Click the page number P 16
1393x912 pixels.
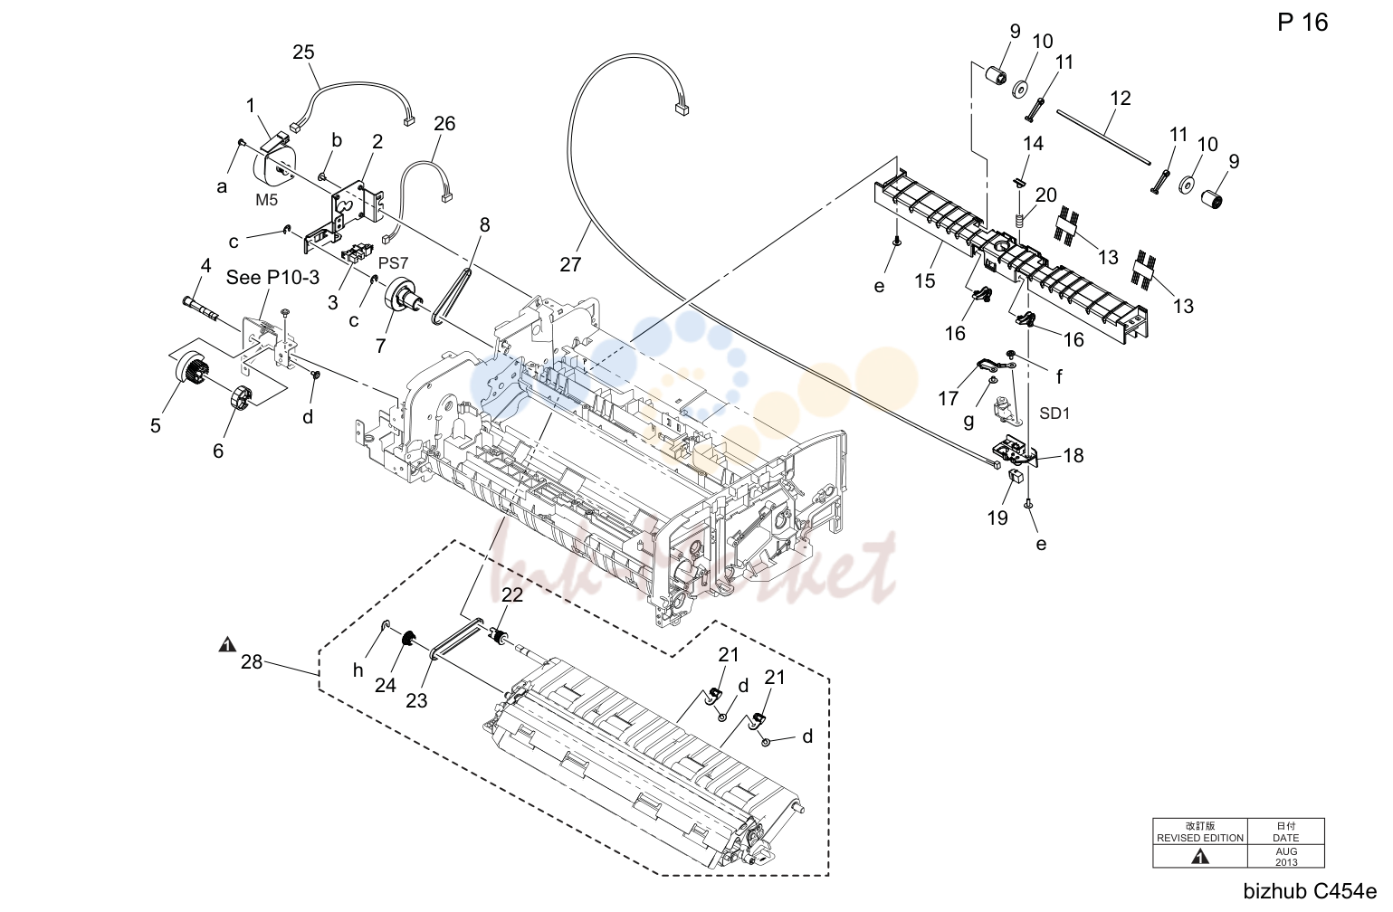click(x=1302, y=23)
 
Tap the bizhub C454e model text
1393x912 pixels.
click(x=1311, y=891)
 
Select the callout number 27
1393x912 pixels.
click(x=570, y=264)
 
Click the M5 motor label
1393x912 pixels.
click(x=267, y=200)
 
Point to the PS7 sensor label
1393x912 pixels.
click(x=393, y=263)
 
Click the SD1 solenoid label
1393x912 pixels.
click(x=1054, y=413)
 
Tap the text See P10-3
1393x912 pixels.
click(x=272, y=277)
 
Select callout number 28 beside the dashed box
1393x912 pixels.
click(x=252, y=662)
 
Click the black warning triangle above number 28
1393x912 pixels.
click(x=227, y=644)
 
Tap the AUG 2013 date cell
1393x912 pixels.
click(x=1286, y=856)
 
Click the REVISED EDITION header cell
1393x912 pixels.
click(x=1200, y=831)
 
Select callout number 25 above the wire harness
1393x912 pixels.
click(x=303, y=52)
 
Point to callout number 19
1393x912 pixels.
click(x=997, y=518)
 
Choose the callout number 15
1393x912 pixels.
click(x=925, y=281)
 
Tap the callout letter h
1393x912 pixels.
click(x=358, y=670)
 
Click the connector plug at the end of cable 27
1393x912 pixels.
click(x=682, y=109)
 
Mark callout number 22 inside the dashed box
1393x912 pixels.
click(x=512, y=595)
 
